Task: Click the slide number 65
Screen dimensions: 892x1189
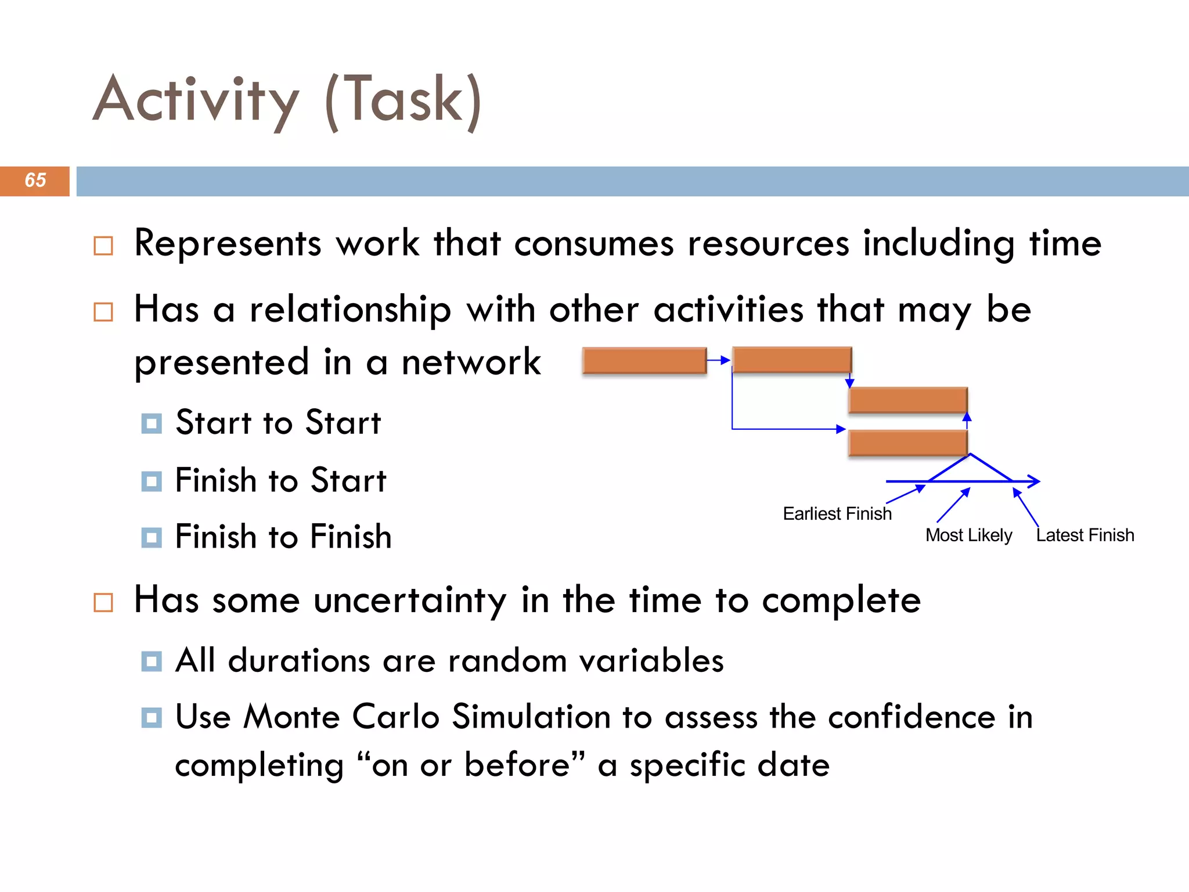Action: pos(35,181)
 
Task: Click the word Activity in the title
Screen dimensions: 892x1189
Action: pos(196,100)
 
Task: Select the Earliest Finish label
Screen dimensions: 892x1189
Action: pos(837,513)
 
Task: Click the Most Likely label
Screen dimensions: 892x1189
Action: pos(968,535)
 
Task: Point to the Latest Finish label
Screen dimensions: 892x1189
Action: pos(1084,535)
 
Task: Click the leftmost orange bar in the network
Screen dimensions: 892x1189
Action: pos(644,361)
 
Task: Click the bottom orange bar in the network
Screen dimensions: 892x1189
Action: pos(907,444)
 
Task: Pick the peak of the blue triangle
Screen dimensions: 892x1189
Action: pos(970,455)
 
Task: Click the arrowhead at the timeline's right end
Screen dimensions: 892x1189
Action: pos(1036,481)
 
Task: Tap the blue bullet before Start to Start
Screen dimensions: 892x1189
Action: pos(152,423)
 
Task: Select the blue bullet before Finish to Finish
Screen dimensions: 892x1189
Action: pos(152,537)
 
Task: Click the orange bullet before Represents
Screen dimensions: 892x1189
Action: pos(103,246)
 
